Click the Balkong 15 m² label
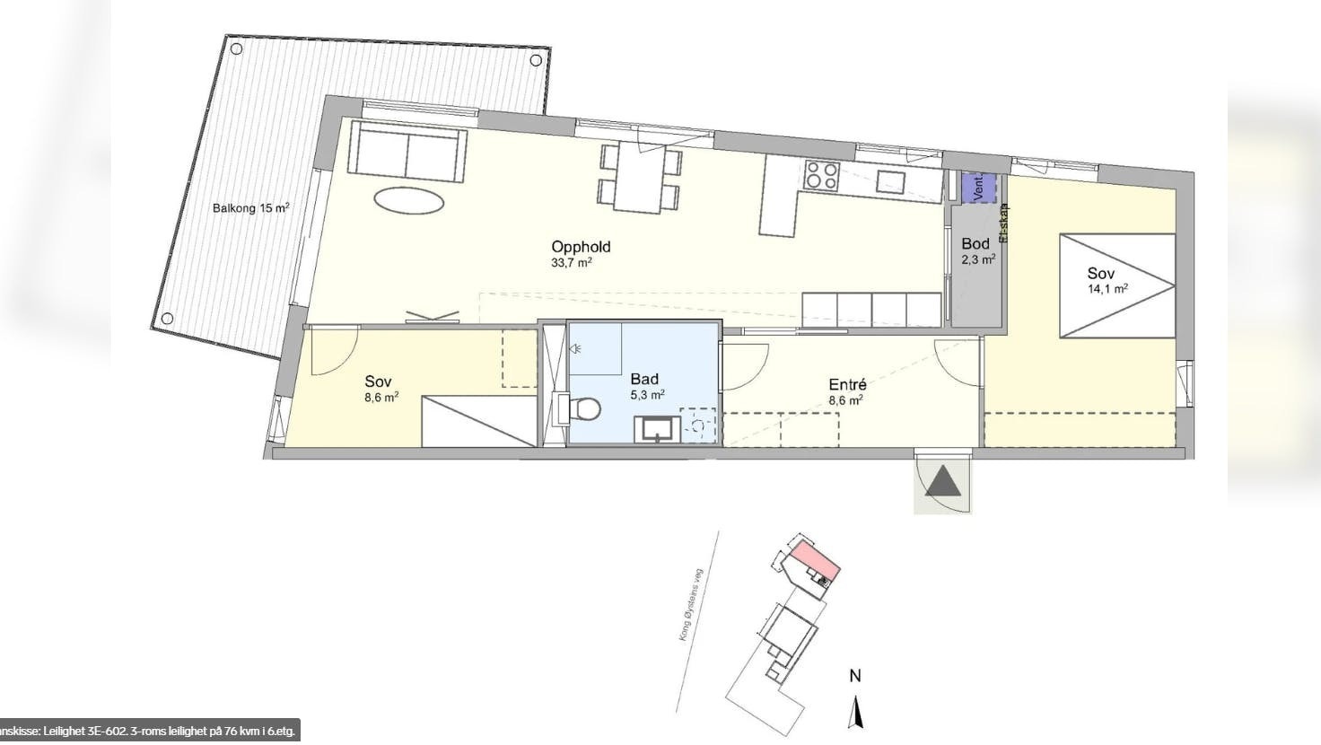pyautogui.click(x=250, y=208)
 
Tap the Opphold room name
pyautogui.click(x=581, y=247)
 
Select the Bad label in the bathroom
pyautogui.click(x=644, y=379)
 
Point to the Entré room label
pyautogui.click(x=846, y=385)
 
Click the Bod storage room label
pyautogui.click(x=975, y=243)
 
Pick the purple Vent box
pyautogui.click(x=978, y=188)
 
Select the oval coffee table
pyautogui.click(x=409, y=199)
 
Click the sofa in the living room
pyautogui.click(x=407, y=152)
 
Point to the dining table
pyautogui.click(x=638, y=179)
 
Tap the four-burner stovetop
pyautogui.click(x=821, y=175)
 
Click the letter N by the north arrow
pyautogui.click(x=855, y=676)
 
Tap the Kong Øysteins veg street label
pyautogui.click(x=691, y=604)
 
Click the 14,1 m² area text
pyautogui.click(x=1107, y=289)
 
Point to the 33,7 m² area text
pyautogui.click(x=572, y=263)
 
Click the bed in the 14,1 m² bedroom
pyautogui.click(x=1116, y=286)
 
